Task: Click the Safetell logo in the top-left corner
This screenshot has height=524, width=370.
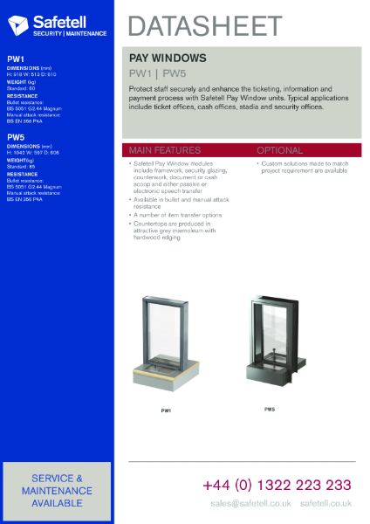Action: pos(57,24)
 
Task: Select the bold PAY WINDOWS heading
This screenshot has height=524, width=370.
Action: pos(168,57)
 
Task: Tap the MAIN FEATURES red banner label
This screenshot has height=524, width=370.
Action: pos(165,150)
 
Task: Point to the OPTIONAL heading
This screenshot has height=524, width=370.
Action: pos(279,150)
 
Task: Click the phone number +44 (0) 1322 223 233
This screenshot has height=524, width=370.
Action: pos(277,485)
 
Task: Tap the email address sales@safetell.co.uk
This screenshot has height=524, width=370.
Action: pos(250,504)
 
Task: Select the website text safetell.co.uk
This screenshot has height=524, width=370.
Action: pos(325,504)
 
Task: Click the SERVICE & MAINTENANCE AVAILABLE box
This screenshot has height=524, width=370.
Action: pos(57,490)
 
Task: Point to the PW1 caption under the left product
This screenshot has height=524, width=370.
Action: pos(166,410)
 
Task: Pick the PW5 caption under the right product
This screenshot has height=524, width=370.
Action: pos(270,409)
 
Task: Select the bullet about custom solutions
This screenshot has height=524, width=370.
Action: pos(305,167)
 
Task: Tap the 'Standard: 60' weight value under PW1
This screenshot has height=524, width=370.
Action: pos(21,88)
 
